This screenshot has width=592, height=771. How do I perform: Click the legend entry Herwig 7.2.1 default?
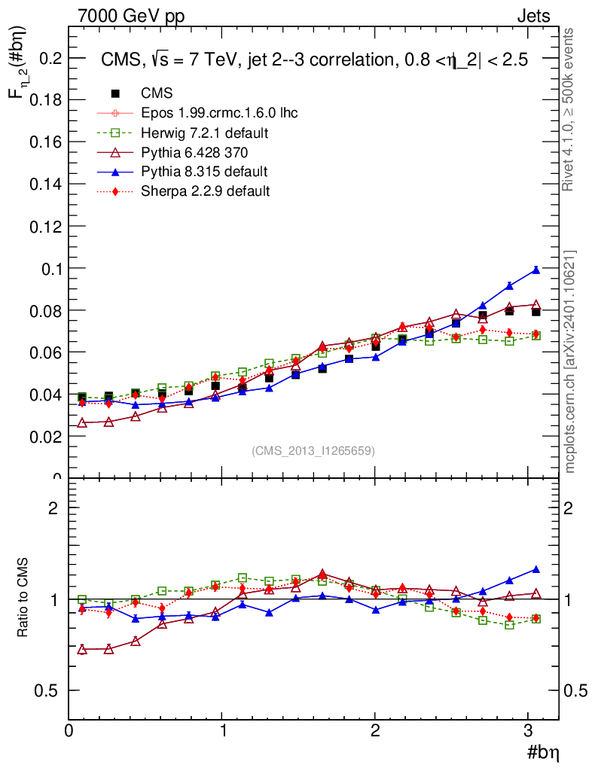pos(205,133)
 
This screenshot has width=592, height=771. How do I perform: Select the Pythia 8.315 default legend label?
pos(204,172)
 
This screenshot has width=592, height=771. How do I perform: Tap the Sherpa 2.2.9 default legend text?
pos(205,191)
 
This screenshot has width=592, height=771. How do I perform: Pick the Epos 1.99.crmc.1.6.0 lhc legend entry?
pos(219,113)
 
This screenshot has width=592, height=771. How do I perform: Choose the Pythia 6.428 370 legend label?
pos(194,152)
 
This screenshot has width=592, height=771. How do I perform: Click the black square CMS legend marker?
pos(115,93)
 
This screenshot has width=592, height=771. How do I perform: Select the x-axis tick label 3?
pos(529,730)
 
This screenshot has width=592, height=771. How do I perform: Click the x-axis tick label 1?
pos(223,730)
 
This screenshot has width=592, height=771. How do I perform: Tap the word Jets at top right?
pos(532,16)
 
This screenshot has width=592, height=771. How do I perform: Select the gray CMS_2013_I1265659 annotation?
pos(313,450)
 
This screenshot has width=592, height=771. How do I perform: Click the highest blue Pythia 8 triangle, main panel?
pos(536,270)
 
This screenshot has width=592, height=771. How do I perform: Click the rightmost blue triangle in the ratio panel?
pos(536,569)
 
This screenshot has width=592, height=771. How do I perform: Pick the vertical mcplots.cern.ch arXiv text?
pos(570,361)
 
